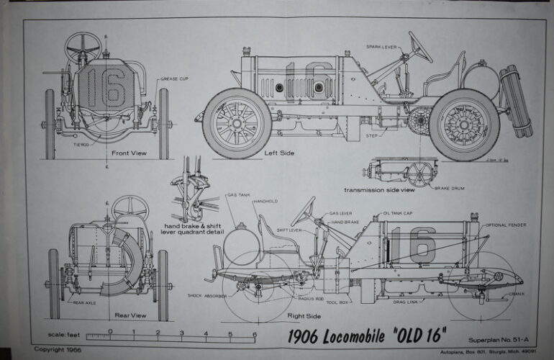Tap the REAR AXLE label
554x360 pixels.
tap(84, 303)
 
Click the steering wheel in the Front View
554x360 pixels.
tap(83, 47)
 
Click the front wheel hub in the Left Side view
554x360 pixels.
tap(237, 122)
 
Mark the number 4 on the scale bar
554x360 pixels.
tap(205, 333)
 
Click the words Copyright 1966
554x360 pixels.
tap(57, 348)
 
